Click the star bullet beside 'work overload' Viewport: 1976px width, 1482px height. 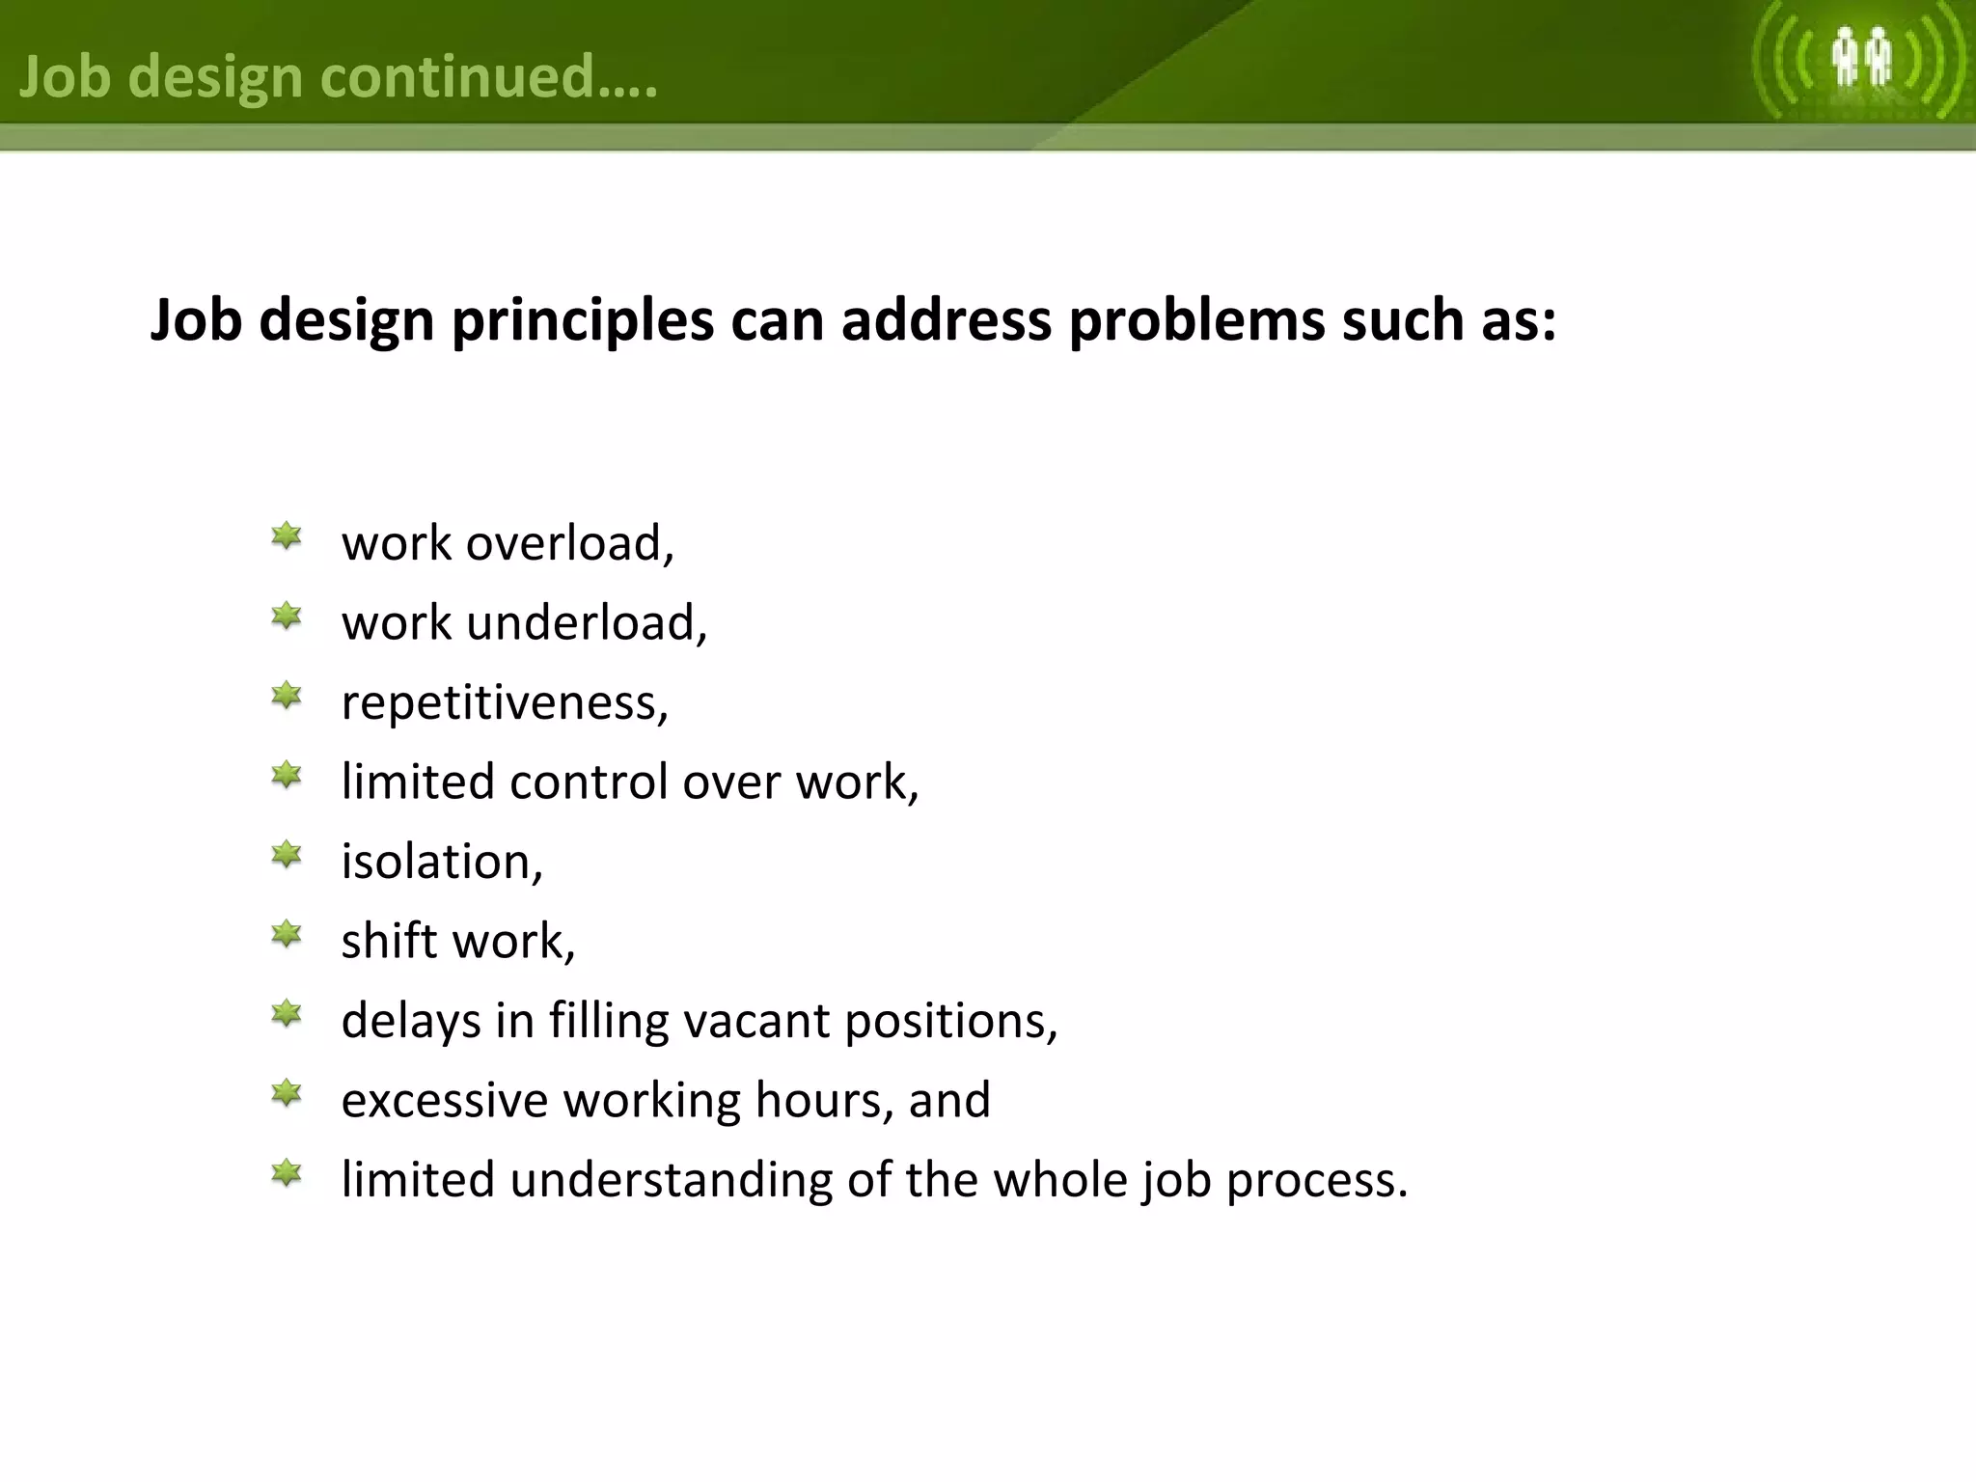pos(287,536)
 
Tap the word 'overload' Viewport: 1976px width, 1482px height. pos(569,543)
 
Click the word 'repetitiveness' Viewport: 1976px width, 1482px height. pos(505,702)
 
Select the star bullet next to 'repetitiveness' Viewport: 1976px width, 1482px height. pos(287,696)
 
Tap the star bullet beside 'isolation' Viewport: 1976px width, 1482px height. pos(287,855)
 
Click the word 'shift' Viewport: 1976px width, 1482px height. pos(389,941)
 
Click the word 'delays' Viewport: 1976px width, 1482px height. pos(411,1021)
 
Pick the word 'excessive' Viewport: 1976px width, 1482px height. pos(445,1100)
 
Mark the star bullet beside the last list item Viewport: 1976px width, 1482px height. pos(287,1174)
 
